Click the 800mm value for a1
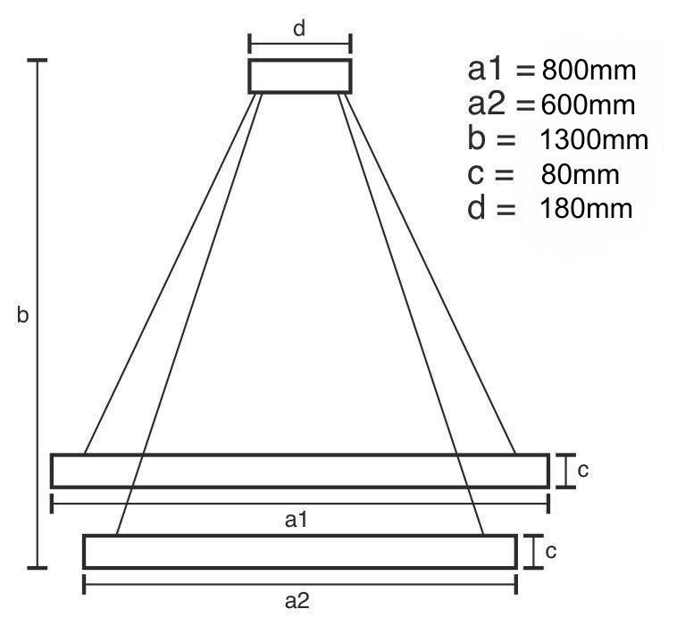[x=589, y=71]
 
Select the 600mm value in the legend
[x=588, y=104]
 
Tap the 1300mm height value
[x=594, y=140]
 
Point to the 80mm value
[x=581, y=175]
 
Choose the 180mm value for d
[x=586, y=209]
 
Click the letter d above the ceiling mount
[x=299, y=29]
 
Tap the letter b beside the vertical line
[x=22, y=314]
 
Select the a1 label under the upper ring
[x=297, y=520]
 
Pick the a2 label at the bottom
[x=297, y=601]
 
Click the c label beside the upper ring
[x=583, y=471]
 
